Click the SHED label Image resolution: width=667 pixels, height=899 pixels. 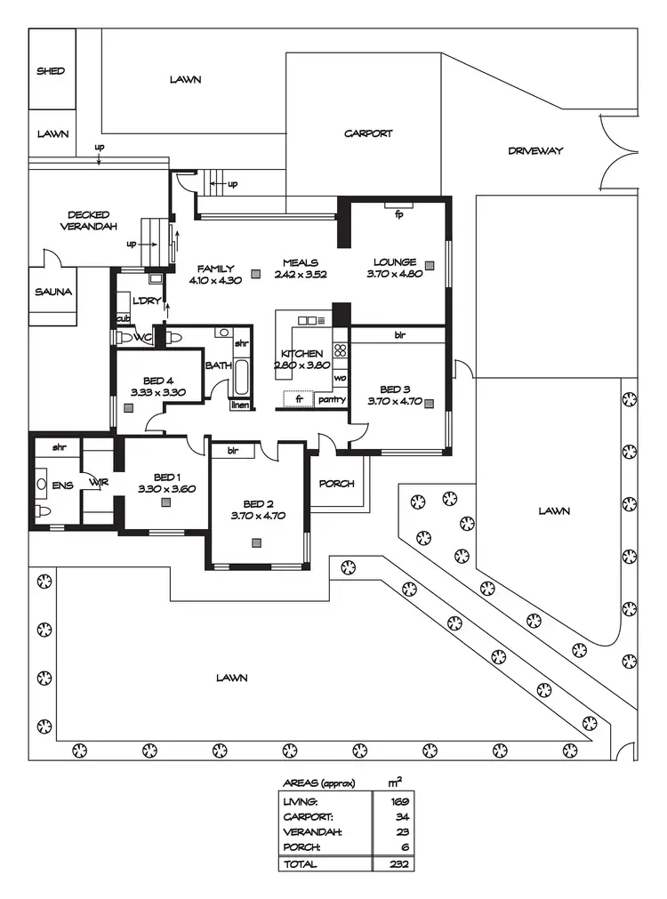point(51,70)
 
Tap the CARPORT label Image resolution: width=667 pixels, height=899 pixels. point(368,133)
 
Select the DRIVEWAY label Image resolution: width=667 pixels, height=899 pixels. point(535,151)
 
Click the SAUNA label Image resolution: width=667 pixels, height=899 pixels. point(52,292)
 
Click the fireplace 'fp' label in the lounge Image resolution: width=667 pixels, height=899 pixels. point(398,214)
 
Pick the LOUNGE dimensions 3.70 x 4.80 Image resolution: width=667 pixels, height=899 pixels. point(395,275)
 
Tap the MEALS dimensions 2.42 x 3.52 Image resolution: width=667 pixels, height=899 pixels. point(300,275)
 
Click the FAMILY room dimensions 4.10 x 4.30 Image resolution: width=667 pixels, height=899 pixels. point(215,280)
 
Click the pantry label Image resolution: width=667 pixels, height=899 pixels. point(332,399)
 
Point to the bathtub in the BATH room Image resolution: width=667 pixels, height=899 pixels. point(241,377)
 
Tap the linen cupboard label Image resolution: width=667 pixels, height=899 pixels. point(240,405)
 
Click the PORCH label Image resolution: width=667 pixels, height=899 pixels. point(337,484)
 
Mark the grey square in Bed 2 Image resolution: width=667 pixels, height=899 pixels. point(257,542)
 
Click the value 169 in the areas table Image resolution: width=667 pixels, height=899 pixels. point(398,801)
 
